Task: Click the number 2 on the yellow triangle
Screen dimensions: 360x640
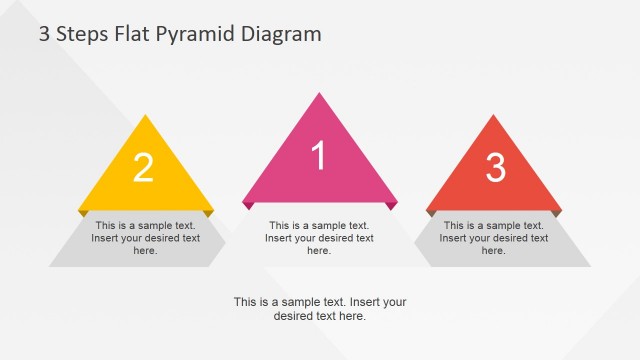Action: tap(144, 168)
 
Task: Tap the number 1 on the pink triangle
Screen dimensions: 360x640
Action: tap(319, 156)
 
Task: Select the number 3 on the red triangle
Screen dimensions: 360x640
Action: tap(495, 168)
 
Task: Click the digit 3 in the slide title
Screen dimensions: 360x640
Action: tap(44, 34)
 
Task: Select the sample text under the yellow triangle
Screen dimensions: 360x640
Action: tap(145, 238)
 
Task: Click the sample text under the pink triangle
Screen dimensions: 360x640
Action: tap(319, 238)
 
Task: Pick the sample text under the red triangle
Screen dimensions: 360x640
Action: tap(494, 238)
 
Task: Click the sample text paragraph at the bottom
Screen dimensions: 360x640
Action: tap(320, 308)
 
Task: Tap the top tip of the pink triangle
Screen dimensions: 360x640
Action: tap(320, 93)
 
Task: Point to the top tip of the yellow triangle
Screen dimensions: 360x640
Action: tap(146, 116)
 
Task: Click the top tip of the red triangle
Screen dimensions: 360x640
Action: tap(494, 116)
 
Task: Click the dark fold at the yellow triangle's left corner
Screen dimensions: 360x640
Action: tap(82, 213)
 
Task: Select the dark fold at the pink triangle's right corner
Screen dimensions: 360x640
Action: tap(392, 205)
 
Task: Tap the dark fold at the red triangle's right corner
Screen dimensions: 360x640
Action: tap(556, 213)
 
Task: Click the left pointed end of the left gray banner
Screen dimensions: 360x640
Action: tap(51, 265)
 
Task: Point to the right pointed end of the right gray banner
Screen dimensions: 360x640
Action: tap(589, 265)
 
